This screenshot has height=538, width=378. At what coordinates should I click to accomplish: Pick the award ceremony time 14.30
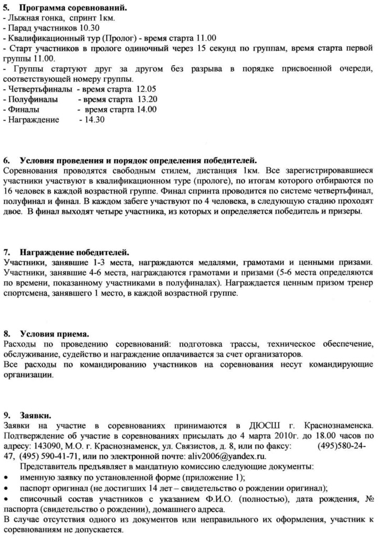tap(89, 120)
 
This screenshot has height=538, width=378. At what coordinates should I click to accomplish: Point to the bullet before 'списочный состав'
tap(6, 498)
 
